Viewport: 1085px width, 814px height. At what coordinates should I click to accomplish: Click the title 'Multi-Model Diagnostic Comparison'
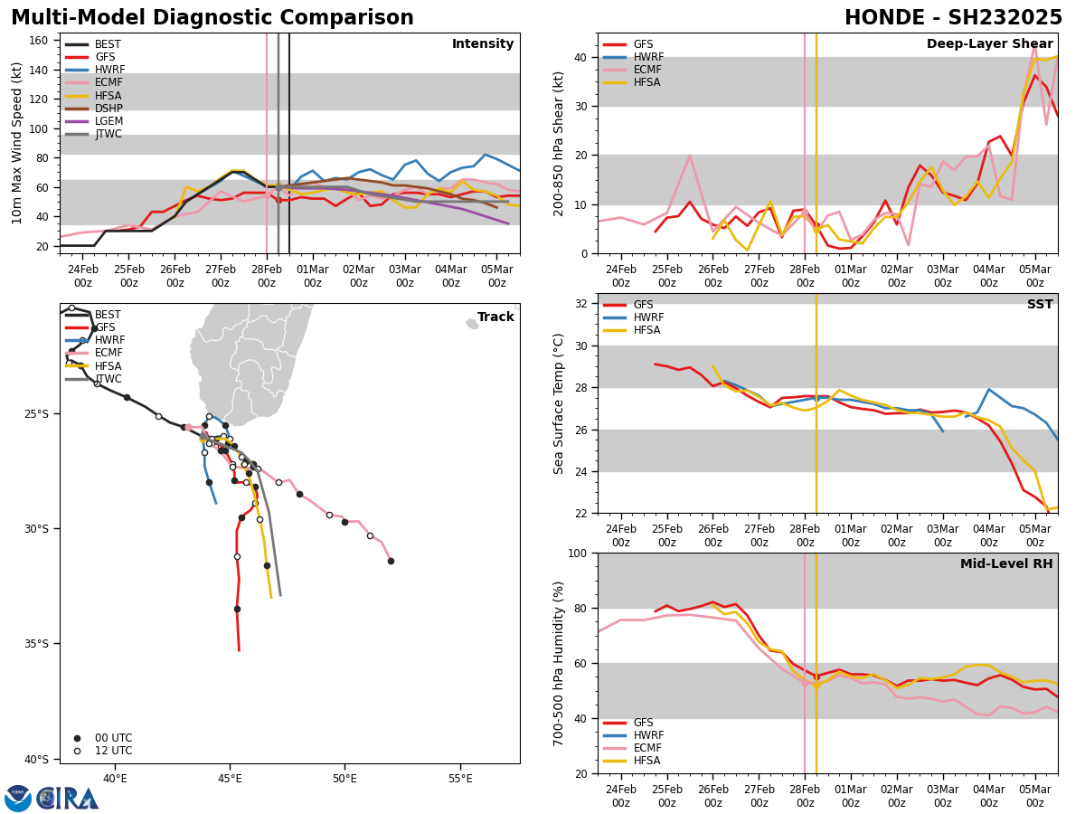tap(212, 18)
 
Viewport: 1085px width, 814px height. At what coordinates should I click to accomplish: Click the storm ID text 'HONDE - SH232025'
tap(953, 18)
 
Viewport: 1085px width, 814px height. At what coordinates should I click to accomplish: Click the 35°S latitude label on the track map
tap(37, 644)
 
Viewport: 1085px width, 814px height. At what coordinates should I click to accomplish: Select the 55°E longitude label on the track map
tap(460, 779)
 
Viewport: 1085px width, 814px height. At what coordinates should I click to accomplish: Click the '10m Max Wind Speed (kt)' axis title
tap(16, 143)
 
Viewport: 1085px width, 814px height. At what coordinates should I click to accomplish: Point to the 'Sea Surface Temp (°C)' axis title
tap(559, 403)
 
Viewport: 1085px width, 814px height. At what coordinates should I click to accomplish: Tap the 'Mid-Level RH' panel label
tap(1006, 564)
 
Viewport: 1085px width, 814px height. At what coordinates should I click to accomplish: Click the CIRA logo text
tap(68, 798)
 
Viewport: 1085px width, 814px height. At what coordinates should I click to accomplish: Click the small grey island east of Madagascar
tap(472, 324)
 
